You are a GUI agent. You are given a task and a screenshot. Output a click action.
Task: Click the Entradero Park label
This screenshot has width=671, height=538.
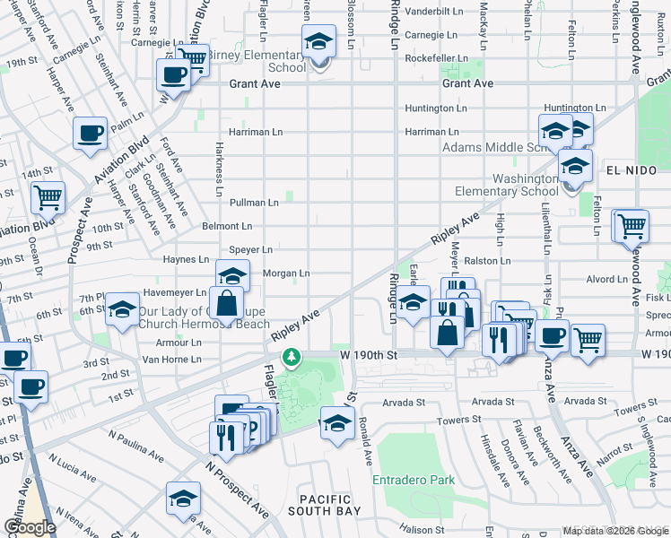pos(414,480)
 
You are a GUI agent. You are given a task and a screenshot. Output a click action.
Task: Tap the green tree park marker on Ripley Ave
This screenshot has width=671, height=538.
pos(291,358)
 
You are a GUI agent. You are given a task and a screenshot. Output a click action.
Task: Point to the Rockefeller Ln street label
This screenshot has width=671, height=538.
pos(436,58)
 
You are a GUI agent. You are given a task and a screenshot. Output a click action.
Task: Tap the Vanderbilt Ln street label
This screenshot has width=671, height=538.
pos(436,13)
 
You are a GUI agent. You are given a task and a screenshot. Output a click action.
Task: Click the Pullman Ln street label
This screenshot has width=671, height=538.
pos(254,203)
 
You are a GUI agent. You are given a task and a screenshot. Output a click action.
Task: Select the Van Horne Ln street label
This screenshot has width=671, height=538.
pos(172,359)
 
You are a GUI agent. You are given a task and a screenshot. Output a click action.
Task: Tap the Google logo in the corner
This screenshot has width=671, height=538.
pos(30,527)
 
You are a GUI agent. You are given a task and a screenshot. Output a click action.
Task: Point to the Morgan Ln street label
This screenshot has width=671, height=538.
pos(285,273)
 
